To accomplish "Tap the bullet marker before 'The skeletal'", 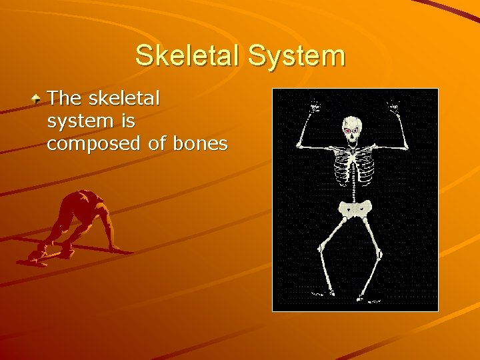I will point(38,99).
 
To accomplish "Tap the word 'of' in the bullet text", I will point(158,143).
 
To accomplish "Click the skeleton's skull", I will point(351,129).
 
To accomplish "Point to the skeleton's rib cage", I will point(354,167).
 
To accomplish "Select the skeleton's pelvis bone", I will point(353,209).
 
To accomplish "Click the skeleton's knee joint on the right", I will point(379,253).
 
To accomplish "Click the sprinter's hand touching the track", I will point(117,248).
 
